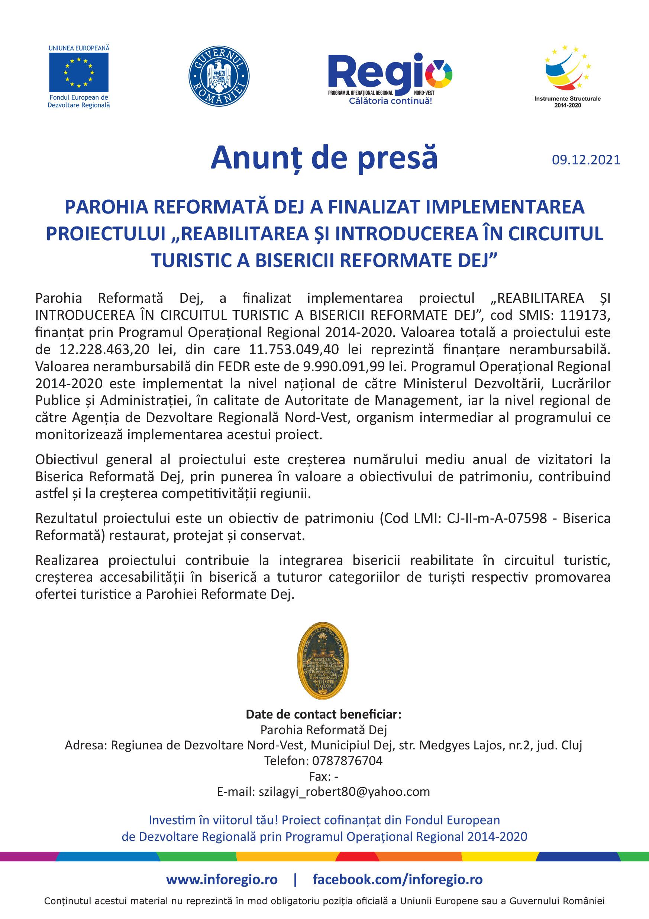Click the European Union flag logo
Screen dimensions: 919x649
click(x=78, y=73)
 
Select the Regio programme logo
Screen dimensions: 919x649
click(x=390, y=74)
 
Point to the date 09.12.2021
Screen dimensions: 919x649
click(x=586, y=160)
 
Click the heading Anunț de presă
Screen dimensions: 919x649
click(x=324, y=157)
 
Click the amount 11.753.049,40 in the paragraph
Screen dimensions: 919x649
click(x=294, y=350)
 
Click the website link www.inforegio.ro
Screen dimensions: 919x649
click(x=222, y=879)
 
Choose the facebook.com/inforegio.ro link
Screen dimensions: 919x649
click(x=397, y=879)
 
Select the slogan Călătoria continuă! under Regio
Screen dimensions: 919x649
click(x=390, y=101)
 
